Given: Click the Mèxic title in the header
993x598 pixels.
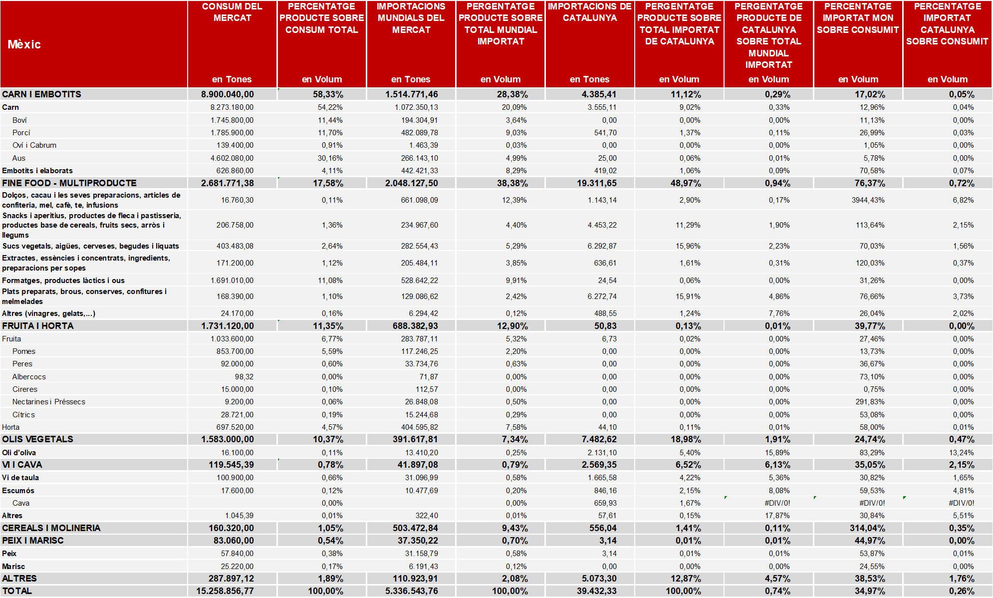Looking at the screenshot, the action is pos(24,44).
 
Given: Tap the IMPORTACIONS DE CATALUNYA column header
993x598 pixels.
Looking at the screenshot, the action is pos(590,12).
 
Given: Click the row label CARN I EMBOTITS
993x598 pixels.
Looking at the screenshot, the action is pos(41,94).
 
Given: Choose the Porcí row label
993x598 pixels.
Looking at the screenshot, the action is pos(21,133).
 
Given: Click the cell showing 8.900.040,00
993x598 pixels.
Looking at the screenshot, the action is pos(228,94).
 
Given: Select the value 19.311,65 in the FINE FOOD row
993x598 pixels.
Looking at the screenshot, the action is pos(597,183).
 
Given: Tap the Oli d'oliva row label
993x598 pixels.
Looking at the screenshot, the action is pos(19,453).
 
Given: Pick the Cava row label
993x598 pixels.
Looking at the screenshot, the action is pos(21,503).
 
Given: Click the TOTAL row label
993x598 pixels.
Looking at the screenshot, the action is pos(17,591).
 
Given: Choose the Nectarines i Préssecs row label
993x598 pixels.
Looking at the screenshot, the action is pos(48,402).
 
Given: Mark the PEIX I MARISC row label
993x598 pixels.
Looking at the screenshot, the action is pos(33,541).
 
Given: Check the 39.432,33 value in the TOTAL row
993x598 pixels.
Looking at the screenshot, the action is pos(597,591).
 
